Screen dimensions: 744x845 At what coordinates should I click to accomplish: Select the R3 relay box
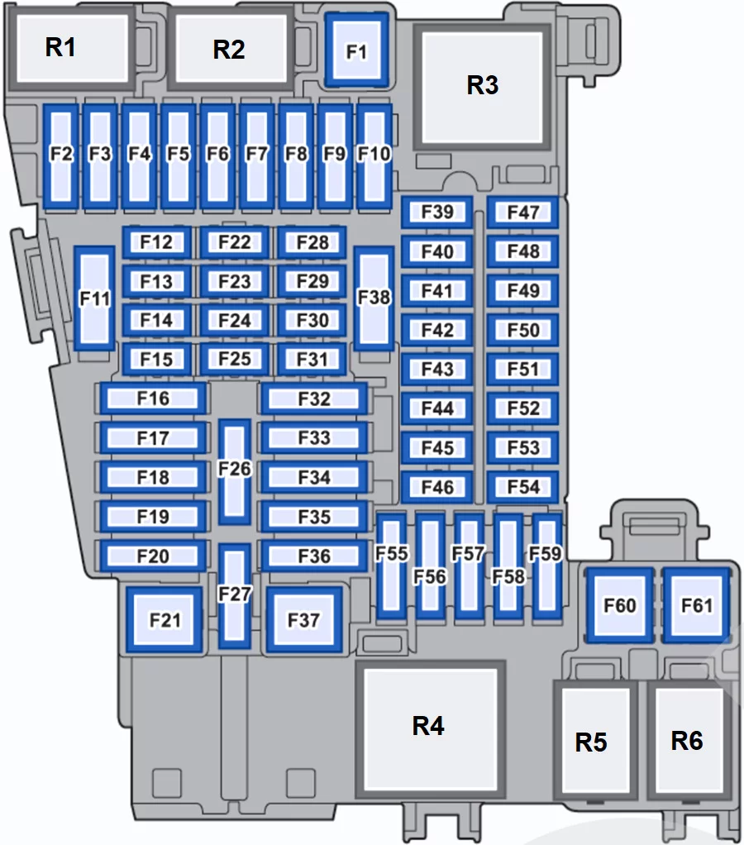[482, 87]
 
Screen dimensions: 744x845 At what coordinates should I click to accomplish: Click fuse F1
[356, 50]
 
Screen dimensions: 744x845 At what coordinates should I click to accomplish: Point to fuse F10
[374, 156]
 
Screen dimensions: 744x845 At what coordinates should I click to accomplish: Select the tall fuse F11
[94, 298]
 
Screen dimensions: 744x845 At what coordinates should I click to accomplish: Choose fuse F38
[374, 298]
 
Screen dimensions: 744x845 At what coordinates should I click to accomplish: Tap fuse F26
[234, 471]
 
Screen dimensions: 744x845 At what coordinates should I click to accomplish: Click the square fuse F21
[165, 619]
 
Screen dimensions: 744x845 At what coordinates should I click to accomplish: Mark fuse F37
[304, 619]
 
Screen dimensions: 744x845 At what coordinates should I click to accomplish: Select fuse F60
[619, 604]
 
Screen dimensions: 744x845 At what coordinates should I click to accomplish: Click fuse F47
[522, 212]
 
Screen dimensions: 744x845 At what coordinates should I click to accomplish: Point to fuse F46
[437, 487]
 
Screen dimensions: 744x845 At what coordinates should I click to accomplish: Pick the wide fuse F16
[153, 399]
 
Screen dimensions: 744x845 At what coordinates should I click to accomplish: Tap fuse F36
[314, 556]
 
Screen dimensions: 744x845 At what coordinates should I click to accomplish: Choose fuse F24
[234, 320]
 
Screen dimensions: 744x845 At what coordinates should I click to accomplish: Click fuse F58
[508, 566]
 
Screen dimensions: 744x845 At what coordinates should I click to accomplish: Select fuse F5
[179, 156]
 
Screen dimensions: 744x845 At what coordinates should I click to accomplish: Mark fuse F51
[522, 369]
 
